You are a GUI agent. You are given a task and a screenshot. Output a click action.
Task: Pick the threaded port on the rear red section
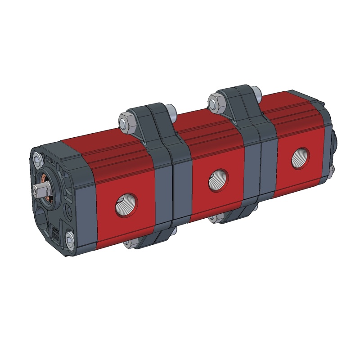click(298, 157)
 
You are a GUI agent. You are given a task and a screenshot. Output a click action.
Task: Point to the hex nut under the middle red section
click(215, 219)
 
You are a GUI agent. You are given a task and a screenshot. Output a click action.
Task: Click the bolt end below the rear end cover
click(332, 170)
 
